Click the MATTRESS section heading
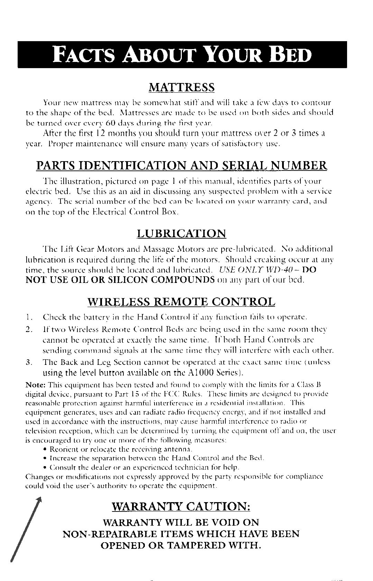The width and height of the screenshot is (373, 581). pos(181,87)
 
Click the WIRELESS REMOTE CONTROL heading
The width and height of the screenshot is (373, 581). pos(181,302)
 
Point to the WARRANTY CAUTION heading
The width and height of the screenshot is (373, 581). pos(181,507)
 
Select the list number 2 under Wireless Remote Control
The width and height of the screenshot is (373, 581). pos(29,328)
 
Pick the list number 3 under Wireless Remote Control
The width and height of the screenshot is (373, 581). pos(29,362)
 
